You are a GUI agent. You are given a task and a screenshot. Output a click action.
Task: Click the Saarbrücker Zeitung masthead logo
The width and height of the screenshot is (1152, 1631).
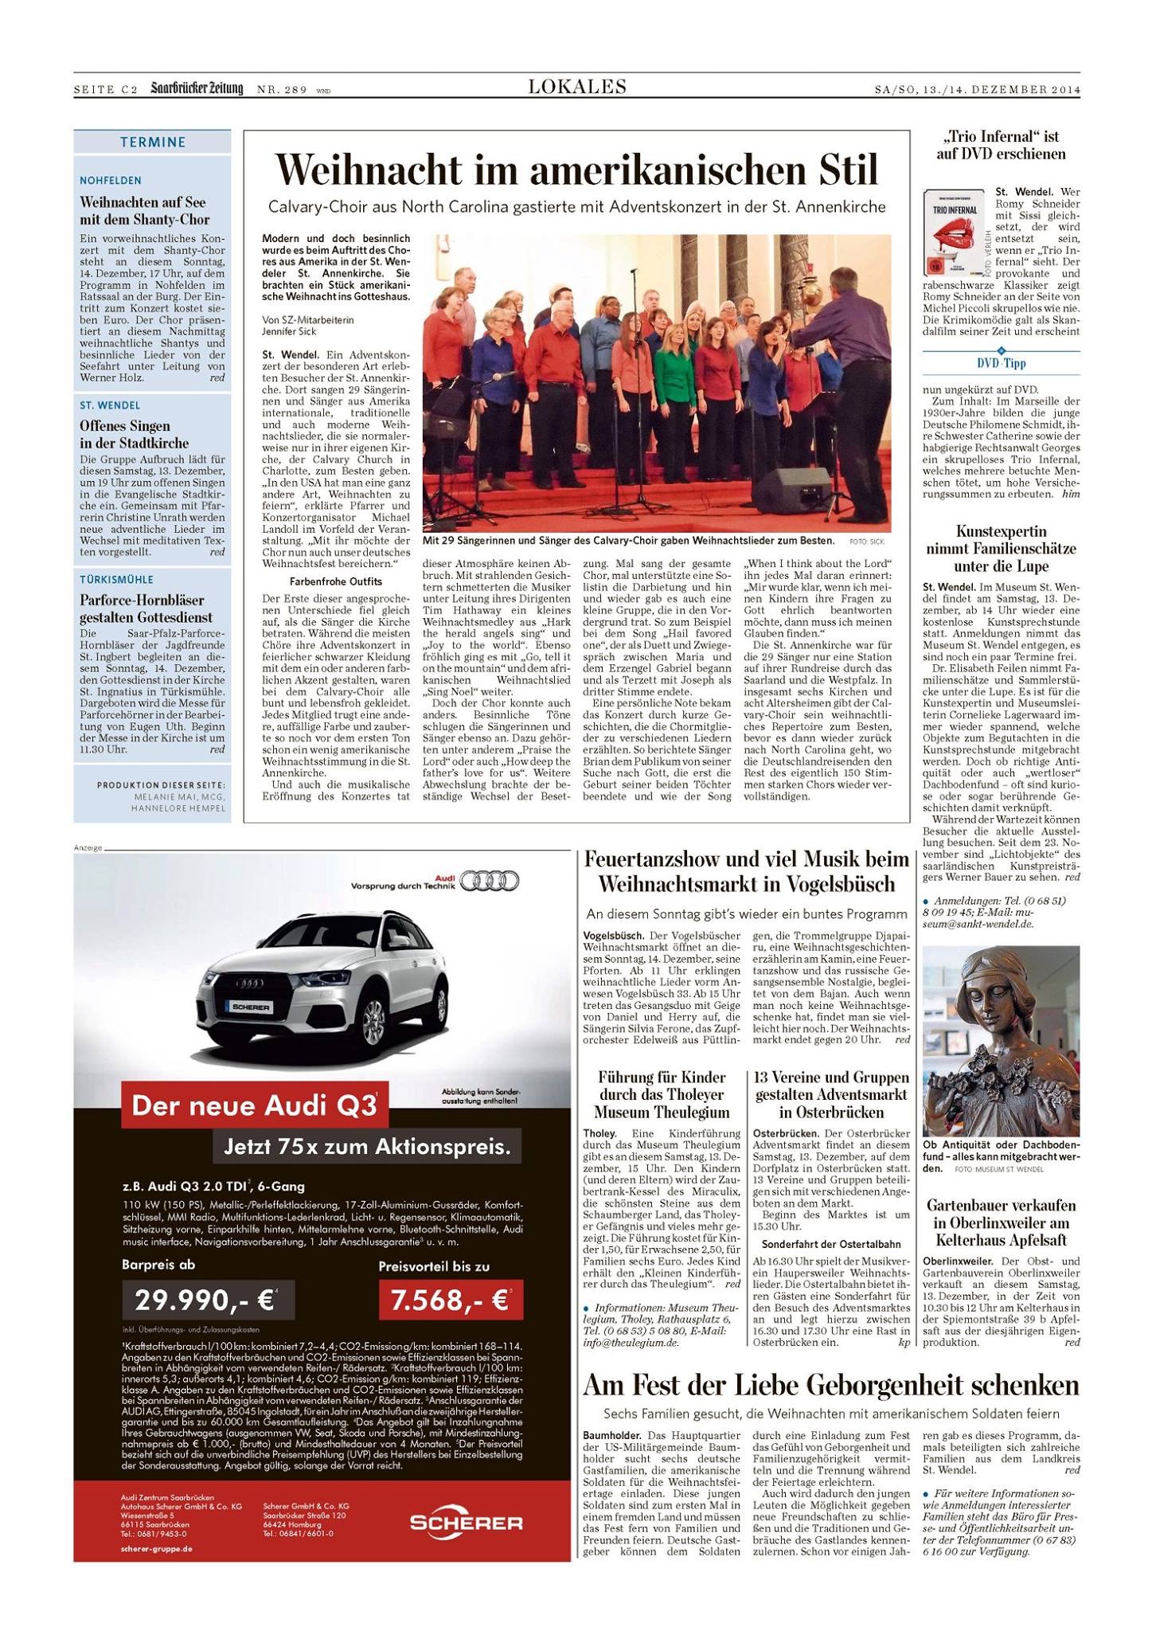click(x=197, y=88)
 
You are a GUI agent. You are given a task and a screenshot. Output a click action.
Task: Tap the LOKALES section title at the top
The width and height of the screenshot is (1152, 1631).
click(x=576, y=87)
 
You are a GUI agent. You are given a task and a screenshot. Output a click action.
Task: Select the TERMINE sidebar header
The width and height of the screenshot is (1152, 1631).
click(x=152, y=143)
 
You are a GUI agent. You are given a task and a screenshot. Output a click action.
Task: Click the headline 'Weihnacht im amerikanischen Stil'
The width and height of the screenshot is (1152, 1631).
click(x=576, y=170)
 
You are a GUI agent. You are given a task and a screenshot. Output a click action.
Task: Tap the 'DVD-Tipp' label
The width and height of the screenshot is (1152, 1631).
click(x=1001, y=363)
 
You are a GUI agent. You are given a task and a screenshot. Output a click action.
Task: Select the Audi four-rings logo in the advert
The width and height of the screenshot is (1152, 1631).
click(x=490, y=880)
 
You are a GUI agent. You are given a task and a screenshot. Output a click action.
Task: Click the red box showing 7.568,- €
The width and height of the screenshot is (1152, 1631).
click(x=451, y=1300)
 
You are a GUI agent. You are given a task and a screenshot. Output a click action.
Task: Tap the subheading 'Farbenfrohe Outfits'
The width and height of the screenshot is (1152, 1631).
click(x=324, y=581)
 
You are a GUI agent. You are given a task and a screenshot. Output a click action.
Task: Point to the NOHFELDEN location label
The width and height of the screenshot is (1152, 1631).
click(x=111, y=181)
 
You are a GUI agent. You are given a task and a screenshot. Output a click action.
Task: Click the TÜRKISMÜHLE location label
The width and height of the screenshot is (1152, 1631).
click(x=116, y=579)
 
